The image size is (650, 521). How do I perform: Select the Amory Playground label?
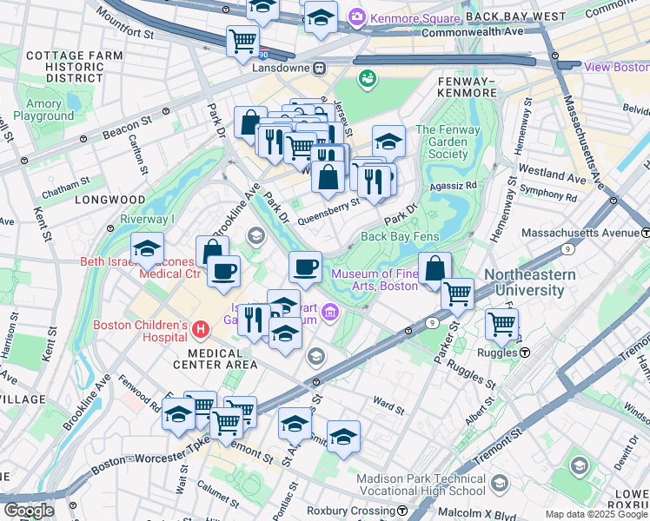(x=43, y=110)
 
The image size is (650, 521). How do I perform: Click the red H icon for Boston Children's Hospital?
(x=202, y=330)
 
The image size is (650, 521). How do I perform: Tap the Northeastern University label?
(x=530, y=282)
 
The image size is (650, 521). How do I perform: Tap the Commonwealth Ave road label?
(x=472, y=32)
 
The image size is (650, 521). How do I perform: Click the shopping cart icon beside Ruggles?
(x=501, y=325)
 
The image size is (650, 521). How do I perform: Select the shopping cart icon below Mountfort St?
(x=242, y=41)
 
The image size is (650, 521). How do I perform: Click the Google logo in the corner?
(x=29, y=511)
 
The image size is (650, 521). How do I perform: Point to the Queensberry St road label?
(x=328, y=205)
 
